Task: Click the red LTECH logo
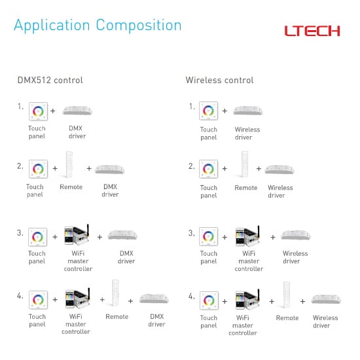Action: tap(312, 31)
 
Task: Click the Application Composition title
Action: tap(98, 26)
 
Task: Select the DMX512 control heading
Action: tap(50, 80)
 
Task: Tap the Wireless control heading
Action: tap(219, 80)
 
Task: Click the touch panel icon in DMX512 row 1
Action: tap(38, 111)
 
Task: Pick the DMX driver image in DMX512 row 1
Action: tap(77, 111)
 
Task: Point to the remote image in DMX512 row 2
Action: tap(69, 164)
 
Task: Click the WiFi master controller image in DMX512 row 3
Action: tap(77, 235)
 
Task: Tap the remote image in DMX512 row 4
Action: tap(115, 293)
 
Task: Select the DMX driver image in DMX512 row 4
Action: tap(154, 298)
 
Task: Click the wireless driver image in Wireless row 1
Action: tap(247, 111)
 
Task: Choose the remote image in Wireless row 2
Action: tap(245, 164)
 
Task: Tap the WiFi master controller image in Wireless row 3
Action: tap(247, 236)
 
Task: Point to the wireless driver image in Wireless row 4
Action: tap(326, 299)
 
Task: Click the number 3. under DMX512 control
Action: tap(20, 233)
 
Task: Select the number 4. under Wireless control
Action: tap(192, 296)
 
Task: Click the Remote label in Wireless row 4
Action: tap(287, 318)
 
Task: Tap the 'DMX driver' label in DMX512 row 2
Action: tap(110, 190)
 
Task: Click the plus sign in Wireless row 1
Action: tap(225, 111)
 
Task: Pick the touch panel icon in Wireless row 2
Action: tap(208, 169)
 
